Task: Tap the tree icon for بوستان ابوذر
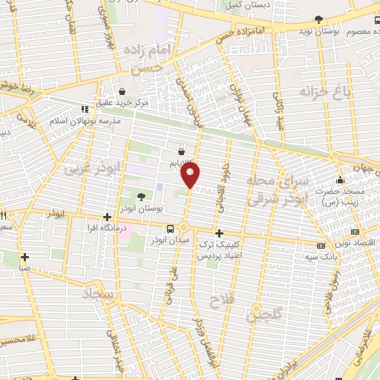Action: [141, 196]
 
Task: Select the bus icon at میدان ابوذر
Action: [171, 229]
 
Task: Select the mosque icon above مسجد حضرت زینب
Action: [340, 180]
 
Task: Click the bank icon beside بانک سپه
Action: [320, 246]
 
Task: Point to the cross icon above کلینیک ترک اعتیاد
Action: [219, 233]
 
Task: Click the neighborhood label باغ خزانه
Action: [323, 91]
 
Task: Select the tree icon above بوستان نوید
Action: [319, 19]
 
